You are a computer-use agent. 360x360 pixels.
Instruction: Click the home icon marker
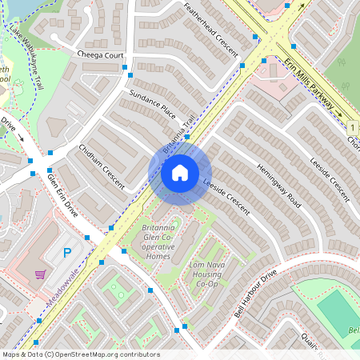click(180, 173)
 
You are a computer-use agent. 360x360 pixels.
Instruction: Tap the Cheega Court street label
click(102, 54)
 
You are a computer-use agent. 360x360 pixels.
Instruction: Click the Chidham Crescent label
click(102, 166)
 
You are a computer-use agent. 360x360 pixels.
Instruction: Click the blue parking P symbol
click(68, 253)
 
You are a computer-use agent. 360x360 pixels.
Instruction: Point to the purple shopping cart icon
click(40, 274)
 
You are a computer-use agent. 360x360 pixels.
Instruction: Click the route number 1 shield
click(352, 127)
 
